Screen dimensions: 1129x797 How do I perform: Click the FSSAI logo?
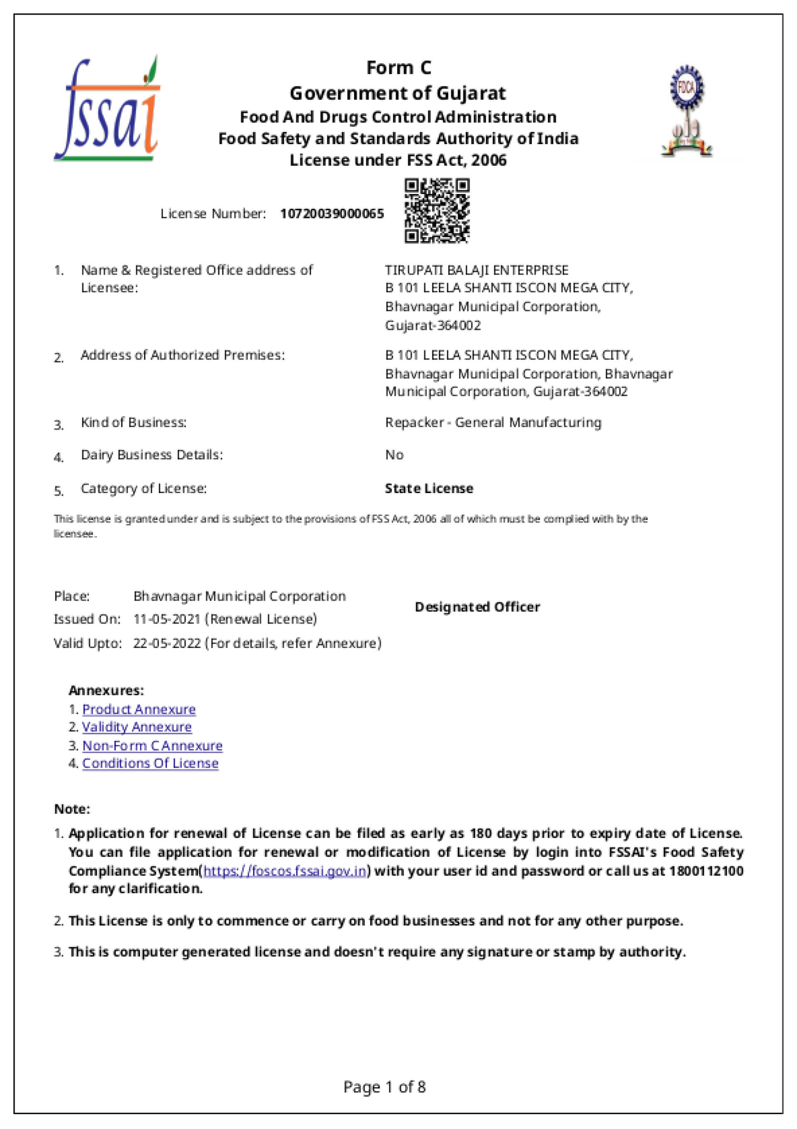click(x=108, y=109)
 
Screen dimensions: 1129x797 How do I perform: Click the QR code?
click(x=437, y=211)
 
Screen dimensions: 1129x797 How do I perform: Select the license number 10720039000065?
click(x=332, y=214)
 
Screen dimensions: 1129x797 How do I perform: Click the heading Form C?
click(x=398, y=68)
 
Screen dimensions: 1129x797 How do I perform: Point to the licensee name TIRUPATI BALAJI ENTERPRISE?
click(x=477, y=270)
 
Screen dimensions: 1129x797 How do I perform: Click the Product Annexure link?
click(x=139, y=709)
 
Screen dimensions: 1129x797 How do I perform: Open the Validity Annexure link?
click(x=137, y=727)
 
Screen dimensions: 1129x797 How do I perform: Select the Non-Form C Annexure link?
click(x=152, y=746)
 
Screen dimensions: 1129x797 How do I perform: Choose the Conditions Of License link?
click(x=150, y=763)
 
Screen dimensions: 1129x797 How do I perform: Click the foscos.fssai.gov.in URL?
click(x=285, y=871)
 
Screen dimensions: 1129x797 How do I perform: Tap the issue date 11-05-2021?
click(x=166, y=618)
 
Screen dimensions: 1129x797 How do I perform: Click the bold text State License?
click(x=429, y=488)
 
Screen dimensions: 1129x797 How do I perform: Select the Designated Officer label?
click(x=477, y=607)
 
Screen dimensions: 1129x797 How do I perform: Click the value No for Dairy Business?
click(x=394, y=455)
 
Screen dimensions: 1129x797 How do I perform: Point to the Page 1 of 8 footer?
click(x=384, y=1087)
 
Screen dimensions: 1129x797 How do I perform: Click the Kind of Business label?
click(x=134, y=422)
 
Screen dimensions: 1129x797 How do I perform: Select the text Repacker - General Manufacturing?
click(x=493, y=422)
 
